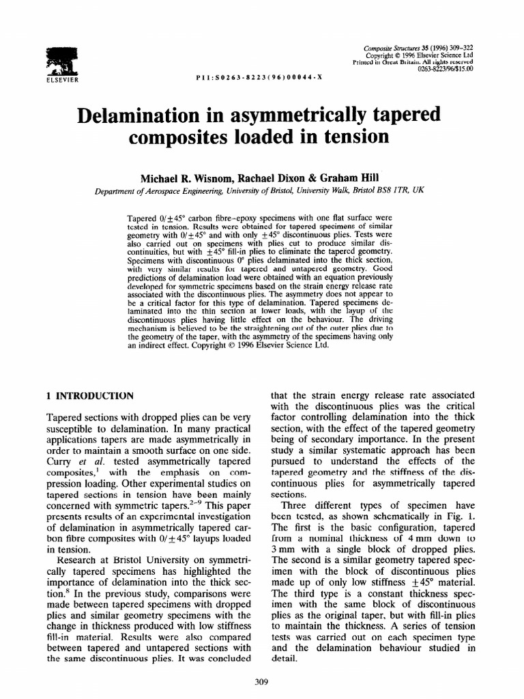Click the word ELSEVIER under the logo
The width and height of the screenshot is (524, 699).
(x=62, y=79)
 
